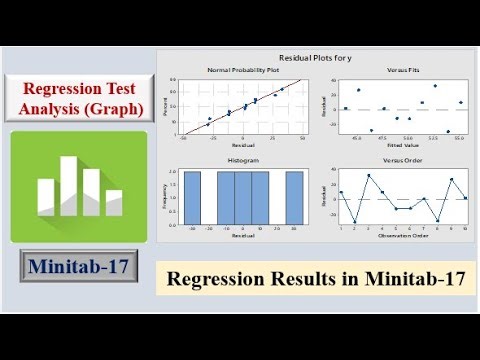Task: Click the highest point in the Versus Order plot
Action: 369,175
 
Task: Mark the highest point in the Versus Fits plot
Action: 435,86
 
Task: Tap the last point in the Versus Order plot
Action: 465,198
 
